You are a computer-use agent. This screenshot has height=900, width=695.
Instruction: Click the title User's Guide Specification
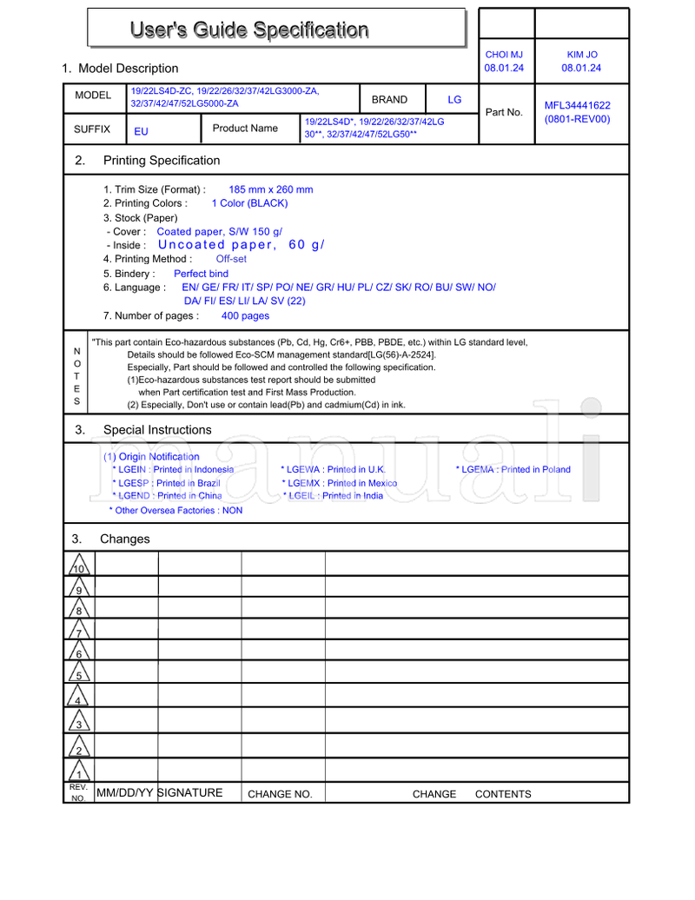249,30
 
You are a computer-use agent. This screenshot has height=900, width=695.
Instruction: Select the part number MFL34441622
577,105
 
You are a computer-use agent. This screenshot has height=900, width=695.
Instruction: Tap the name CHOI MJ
504,55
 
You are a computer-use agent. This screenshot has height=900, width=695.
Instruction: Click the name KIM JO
581,55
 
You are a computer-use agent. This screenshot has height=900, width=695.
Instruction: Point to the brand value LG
454,100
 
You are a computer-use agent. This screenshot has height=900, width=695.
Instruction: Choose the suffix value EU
141,132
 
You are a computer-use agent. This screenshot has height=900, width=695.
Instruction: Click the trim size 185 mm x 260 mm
270,189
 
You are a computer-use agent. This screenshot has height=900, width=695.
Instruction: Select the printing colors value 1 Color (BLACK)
249,203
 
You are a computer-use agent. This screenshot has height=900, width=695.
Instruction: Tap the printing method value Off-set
231,259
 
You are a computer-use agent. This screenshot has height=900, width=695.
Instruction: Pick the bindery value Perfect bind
201,274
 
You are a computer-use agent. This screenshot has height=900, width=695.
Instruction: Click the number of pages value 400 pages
245,316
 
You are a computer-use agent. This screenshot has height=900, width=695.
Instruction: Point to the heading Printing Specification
162,161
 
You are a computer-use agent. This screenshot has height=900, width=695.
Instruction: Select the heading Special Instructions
157,430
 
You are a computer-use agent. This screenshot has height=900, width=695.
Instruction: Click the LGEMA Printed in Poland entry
513,470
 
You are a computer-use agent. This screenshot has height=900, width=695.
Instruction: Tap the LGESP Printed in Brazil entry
166,483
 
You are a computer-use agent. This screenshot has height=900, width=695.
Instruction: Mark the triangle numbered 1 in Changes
79,771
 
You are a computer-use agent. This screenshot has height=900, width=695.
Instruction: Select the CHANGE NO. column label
280,794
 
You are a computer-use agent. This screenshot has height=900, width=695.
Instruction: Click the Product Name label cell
245,129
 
